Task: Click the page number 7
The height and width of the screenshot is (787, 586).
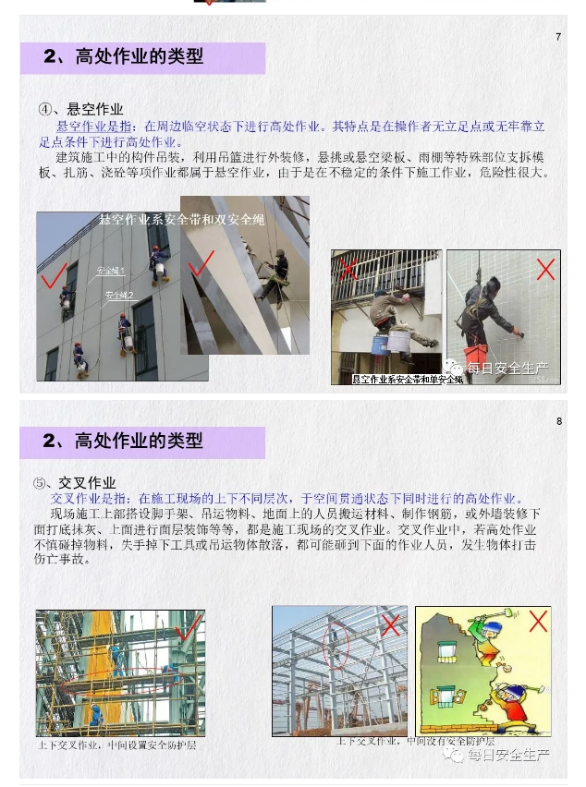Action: pyautogui.click(x=558, y=37)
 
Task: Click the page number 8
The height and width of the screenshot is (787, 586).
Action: pyautogui.click(x=559, y=421)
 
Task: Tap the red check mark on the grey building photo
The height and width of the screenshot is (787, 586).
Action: pyautogui.click(x=53, y=274)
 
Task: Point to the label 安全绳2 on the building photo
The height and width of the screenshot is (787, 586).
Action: pyautogui.click(x=118, y=295)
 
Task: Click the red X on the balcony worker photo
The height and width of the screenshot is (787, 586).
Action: pyautogui.click(x=348, y=269)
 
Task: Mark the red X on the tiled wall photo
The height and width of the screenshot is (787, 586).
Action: pyautogui.click(x=545, y=269)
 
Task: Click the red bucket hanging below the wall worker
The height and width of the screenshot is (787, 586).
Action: pyautogui.click(x=476, y=355)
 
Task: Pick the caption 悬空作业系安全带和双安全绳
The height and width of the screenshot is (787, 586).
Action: pyautogui.click(x=181, y=219)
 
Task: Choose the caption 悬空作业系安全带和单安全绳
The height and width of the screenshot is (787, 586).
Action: pyautogui.click(x=408, y=380)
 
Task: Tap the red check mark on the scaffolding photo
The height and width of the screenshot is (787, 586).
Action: pyautogui.click(x=189, y=629)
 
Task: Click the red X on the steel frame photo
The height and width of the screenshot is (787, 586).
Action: pyautogui.click(x=391, y=625)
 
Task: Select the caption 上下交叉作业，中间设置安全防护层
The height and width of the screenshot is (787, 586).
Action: pyautogui.click(x=116, y=745)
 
